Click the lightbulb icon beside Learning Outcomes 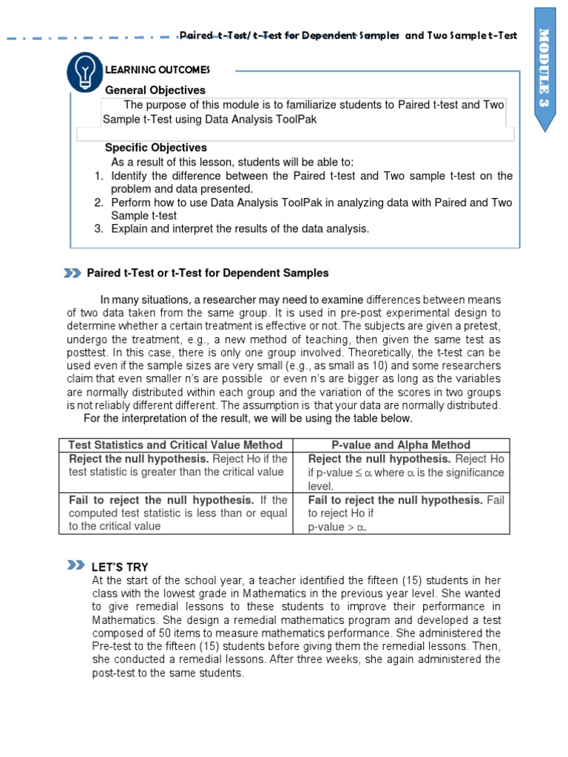tap(85, 71)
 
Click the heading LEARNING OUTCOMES tap(158, 70)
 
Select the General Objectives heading tap(155, 90)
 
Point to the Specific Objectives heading tap(156, 148)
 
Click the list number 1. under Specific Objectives tap(98, 176)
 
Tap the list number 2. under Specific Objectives tap(98, 203)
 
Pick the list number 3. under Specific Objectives tap(98, 229)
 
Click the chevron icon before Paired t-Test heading tap(72, 274)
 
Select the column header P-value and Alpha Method tap(401, 445)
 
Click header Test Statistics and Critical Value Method tap(175, 445)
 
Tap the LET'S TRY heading tap(120, 567)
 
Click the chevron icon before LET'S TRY tap(75, 566)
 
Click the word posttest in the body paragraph tap(86, 353)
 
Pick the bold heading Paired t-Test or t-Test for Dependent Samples tap(208, 274)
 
